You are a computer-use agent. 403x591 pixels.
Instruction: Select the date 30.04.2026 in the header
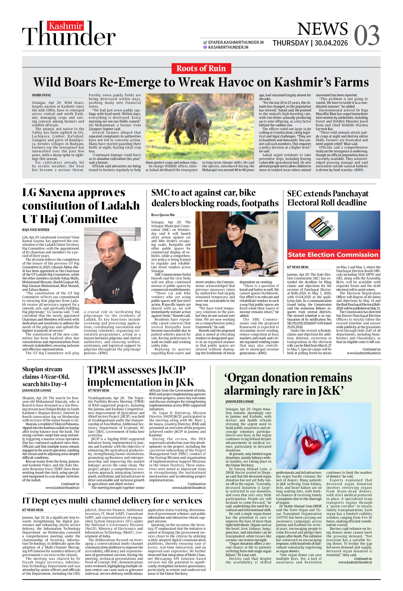(x=331, y=43)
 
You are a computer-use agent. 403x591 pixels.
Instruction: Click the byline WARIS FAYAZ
(x=41, y=95)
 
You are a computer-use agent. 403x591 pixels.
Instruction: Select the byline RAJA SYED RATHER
(x=36, y=230)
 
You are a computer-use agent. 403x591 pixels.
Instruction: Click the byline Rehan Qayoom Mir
(x=163, y=215)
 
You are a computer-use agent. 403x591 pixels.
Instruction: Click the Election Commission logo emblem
(x=322, y=226)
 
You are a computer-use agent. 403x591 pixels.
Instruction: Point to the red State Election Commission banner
(x=333, y=255)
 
